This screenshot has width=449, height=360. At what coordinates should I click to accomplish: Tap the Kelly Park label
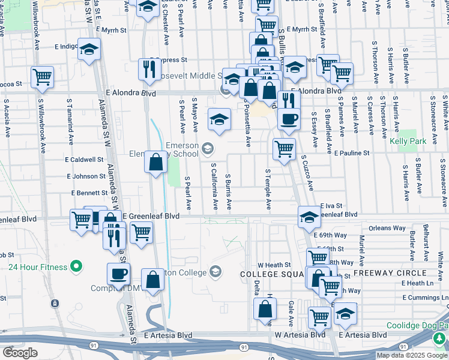[x=407, y=141]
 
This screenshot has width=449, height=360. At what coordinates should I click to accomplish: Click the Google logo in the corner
[x=20, y=353]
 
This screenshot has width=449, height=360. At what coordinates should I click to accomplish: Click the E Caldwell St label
[x=85, y=160]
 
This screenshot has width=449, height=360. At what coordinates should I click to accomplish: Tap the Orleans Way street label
[x=387, y=228]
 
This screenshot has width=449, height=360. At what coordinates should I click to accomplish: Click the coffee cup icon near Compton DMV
[x=118, y=274]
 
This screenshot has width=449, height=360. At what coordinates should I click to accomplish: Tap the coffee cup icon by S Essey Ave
[x=289, y=118]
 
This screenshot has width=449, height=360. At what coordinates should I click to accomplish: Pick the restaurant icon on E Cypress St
[x=147, y=69]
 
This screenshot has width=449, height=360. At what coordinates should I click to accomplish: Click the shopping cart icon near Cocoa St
[x=42, y=76]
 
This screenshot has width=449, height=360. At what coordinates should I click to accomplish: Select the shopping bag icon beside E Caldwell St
[x=155, y=161]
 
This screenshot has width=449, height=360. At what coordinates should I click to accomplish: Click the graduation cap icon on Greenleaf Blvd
[x=309, y=217]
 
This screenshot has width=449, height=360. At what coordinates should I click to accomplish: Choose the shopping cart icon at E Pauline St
[x=284, y=148]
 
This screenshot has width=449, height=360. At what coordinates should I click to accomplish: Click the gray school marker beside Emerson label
[x=207, y=148]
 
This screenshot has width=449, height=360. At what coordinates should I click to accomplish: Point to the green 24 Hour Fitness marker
[x=76, y=265]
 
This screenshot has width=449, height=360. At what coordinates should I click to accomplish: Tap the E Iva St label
[x=331, y=205]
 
